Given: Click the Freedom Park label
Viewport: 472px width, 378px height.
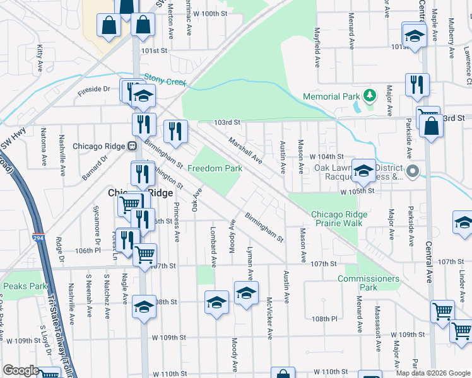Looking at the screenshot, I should [215, 169].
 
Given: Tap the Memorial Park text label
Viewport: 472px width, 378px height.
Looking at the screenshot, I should [331, 96].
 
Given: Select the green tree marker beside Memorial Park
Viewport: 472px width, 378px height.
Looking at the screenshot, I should [370, 96].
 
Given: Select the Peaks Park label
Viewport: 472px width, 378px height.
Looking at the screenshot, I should [25, 286].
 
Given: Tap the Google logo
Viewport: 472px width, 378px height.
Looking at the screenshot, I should [21, 370].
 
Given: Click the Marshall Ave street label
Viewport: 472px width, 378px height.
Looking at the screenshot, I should [245, 150].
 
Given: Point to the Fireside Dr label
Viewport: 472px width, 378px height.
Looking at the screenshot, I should [94, 89].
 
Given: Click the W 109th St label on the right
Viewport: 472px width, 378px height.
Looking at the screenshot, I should [408, 334].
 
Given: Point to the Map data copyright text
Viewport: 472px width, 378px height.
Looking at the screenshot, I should [432, 372].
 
